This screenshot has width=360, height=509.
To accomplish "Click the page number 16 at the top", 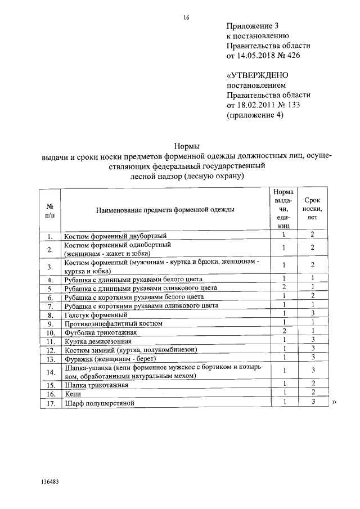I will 186,18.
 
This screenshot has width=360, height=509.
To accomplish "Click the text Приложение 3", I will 253,26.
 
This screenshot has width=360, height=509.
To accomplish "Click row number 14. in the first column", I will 50,372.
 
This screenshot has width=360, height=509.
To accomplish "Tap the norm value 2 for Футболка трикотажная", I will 285,332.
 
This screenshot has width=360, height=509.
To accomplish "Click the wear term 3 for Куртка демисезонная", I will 312,340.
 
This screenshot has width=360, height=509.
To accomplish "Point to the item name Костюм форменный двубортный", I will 115,236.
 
